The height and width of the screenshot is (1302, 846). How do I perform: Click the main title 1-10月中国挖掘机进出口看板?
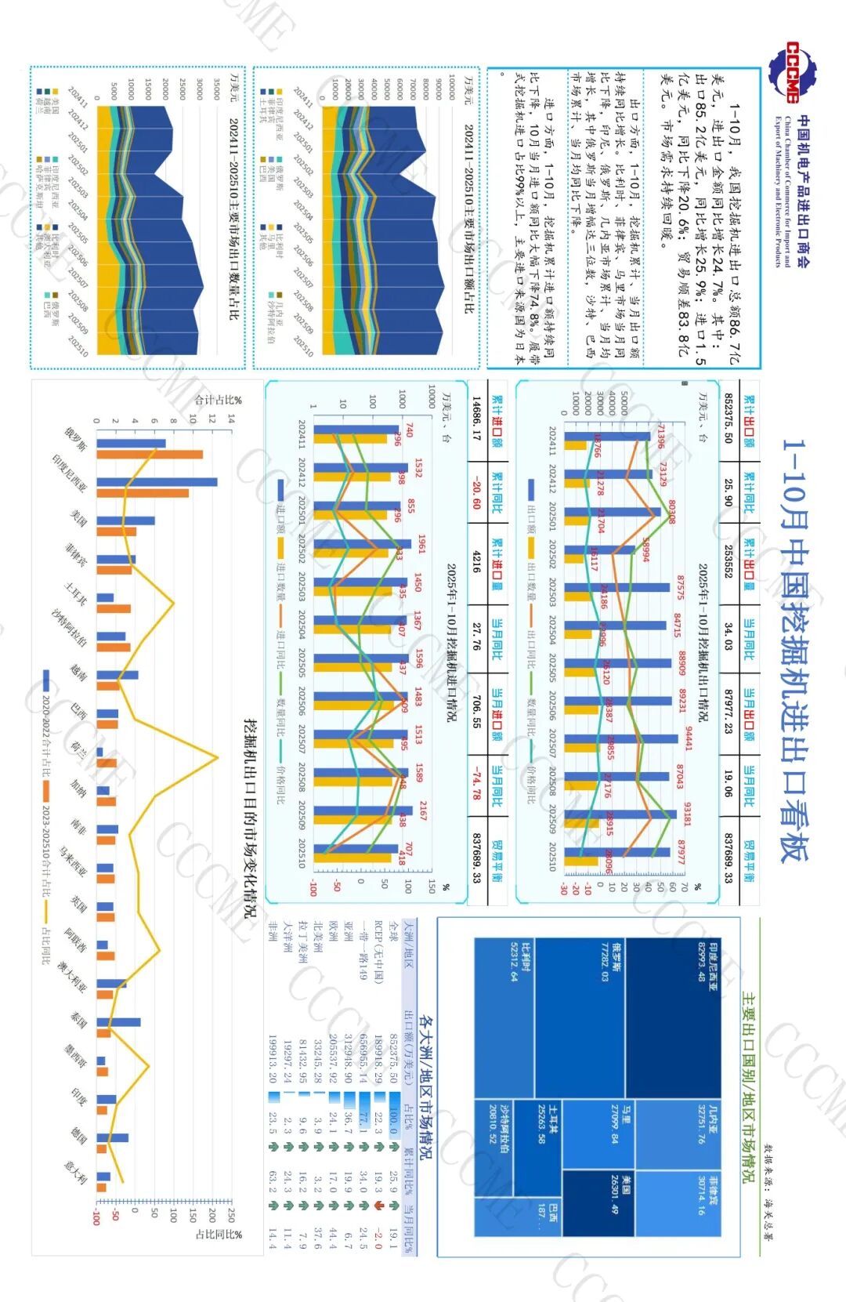pyautogui.click(x=795, y=650)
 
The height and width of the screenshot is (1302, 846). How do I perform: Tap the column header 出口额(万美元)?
pyautogui.click(x=408, y=1050)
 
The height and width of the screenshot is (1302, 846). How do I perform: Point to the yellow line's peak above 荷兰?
pyautogui.click(x=217, y=756)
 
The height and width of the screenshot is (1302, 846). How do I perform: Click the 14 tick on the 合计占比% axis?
pyautogui.click(x=232, y=419)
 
